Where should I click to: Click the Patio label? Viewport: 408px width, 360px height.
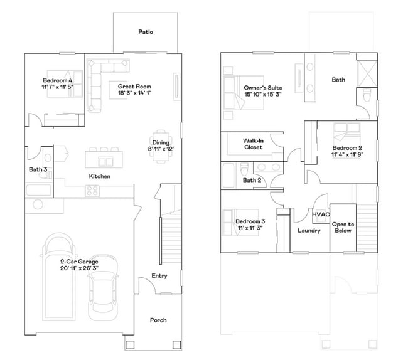[x=146, y=32]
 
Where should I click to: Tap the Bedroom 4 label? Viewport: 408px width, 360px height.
[x=57, y=80]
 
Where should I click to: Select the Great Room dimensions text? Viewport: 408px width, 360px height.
[x=135, y=93]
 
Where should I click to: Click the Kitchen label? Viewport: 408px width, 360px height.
[x=99, y=176]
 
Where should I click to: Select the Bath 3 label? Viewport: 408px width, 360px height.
[x=37, y=169]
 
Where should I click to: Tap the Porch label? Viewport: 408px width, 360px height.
[x=158, y=320]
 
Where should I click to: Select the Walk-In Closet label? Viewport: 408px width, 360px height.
[x=253, y=144]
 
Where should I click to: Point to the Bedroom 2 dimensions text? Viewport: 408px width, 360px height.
[x=347, y=154]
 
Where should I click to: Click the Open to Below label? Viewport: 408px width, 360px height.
[x=343, y=227]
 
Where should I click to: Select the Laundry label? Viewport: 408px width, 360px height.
[x=309, y=231]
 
